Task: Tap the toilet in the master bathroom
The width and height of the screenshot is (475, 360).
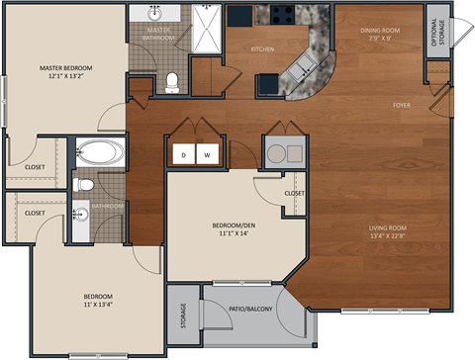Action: (172, 82)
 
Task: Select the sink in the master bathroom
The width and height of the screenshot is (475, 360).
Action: (156, 14)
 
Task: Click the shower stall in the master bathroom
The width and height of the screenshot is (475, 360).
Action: (207, 24)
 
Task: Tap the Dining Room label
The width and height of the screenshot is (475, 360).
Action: (379, 30)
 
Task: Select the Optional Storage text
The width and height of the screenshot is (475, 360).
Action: (436, 36)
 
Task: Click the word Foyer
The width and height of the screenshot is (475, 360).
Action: (402, 104)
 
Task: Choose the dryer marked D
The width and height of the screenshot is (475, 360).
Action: (184, 154)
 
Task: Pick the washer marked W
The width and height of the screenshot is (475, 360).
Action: (208, 154)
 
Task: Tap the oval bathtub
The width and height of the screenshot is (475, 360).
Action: (100, 153)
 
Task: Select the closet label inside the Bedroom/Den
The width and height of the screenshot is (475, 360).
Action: (294, 193)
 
